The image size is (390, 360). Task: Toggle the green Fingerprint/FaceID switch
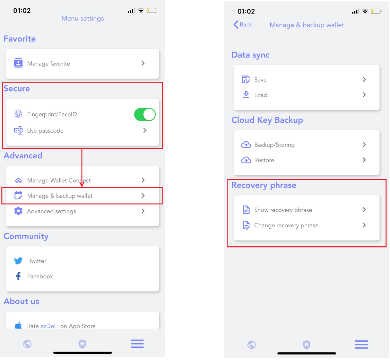[x=145, y=114]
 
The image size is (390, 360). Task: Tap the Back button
[x=243, y=25]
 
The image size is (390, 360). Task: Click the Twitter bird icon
[x=18, y=261]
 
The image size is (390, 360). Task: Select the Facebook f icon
[x=18, y=276]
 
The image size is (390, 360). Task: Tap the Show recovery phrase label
[x=283, y=210]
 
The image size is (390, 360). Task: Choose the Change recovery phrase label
[x=286, y=226]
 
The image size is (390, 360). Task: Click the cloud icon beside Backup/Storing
[x=246, y=145]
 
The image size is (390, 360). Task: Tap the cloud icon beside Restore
[x=246, y=160]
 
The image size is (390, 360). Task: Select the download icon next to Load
[x=246, y=95]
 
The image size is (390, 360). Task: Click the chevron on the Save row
[x=364, y=79]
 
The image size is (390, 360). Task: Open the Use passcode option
[x=45, y=131]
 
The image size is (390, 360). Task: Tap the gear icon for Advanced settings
[x=18, y=211]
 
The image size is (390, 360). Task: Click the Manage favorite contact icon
[x=18, y=63]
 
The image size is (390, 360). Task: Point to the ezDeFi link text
[x=50, y=326]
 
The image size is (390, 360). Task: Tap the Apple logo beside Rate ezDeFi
[x=18, y=325]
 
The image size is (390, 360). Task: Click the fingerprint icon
[x=18, y=114]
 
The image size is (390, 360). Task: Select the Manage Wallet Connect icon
[x=18, y=181]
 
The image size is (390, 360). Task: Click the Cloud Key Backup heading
[x=267, y=120]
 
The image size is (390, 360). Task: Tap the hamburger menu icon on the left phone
[x=137, y=344]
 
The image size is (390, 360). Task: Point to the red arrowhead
[x=81, y=184]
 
